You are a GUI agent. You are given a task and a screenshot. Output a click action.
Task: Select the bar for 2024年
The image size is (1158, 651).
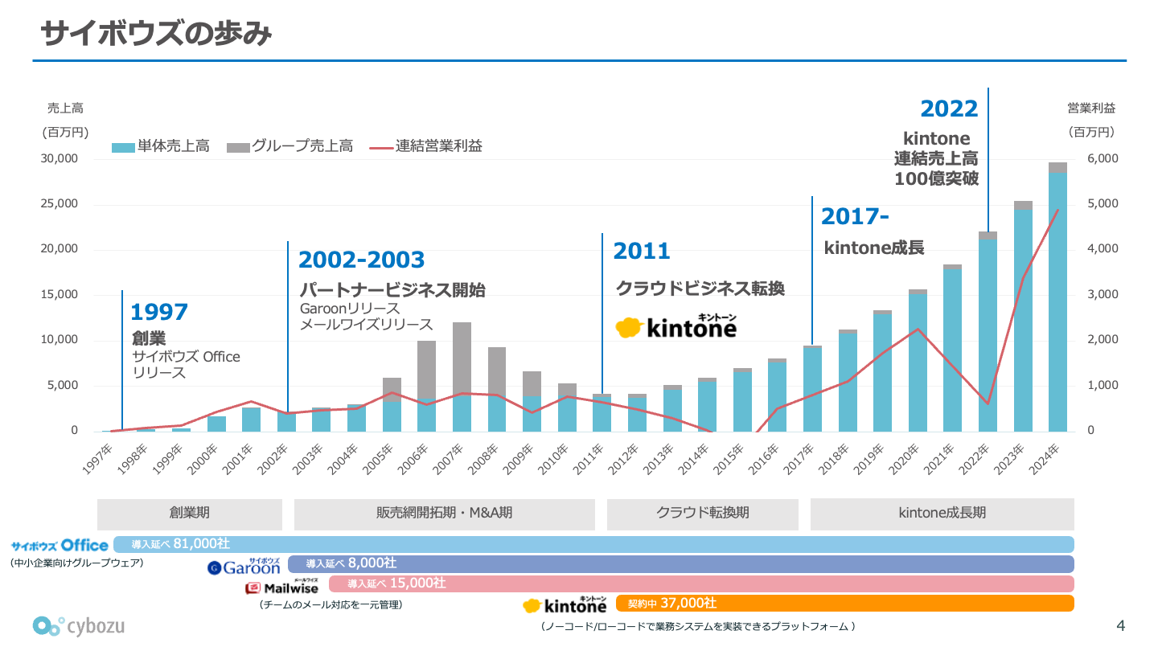[x=1057, y=297]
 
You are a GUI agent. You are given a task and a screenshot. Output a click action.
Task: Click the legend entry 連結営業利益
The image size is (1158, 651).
[x=438, y=146]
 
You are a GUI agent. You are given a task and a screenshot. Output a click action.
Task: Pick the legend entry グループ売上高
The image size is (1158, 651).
[x=302, y=146]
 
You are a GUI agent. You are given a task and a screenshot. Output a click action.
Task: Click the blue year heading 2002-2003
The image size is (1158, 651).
[x=361, y=260]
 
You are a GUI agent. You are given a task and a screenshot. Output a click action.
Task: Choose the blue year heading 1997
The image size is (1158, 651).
[x=159, y=312]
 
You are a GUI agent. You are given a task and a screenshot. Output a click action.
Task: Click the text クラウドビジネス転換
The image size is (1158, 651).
[x=700, y=288]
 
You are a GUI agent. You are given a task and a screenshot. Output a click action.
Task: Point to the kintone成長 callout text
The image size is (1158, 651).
[x=874, y=248]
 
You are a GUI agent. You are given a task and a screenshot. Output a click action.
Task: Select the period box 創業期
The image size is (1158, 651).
[x=190, y=513]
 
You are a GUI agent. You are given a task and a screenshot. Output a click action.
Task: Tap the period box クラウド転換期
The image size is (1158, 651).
[x=702, y=513]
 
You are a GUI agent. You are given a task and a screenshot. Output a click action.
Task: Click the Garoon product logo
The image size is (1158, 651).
[x=244, y=567]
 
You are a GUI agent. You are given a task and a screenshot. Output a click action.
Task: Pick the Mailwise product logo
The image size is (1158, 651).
[x=281, y=587]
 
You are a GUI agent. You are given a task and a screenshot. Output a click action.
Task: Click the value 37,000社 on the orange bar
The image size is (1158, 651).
[x=688, y=603]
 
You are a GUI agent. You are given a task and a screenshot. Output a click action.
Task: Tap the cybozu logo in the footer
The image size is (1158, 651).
[x=79, y=625]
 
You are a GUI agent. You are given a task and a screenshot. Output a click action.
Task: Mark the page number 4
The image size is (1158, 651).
[x=1121, y=625]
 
